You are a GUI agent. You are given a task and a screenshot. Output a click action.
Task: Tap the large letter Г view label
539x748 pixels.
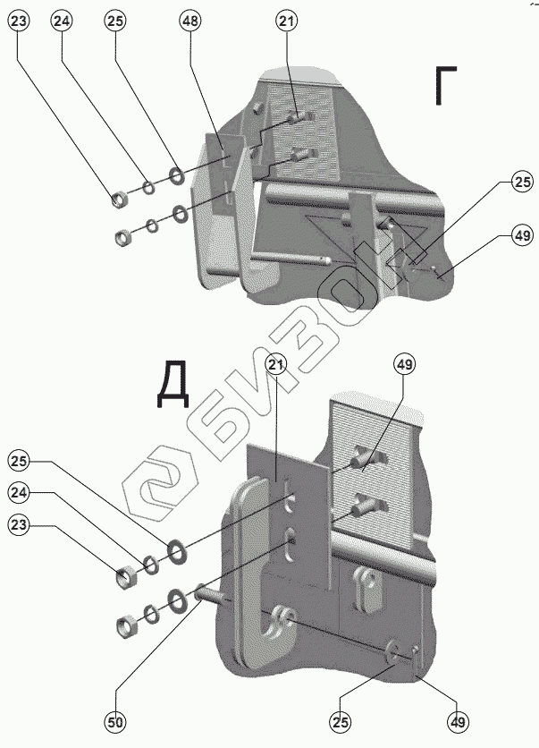pos(451,87)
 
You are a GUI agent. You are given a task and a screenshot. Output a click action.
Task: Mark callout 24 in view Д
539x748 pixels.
pos(20,492)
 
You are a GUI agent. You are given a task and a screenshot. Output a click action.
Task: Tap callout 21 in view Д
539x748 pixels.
pos(275,363)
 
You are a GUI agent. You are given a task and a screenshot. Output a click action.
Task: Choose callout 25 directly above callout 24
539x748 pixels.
pos(20,461)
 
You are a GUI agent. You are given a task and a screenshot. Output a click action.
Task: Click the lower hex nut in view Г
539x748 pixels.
pos(122,238)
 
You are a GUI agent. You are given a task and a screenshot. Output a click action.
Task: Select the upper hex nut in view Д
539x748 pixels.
pos(126,575)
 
